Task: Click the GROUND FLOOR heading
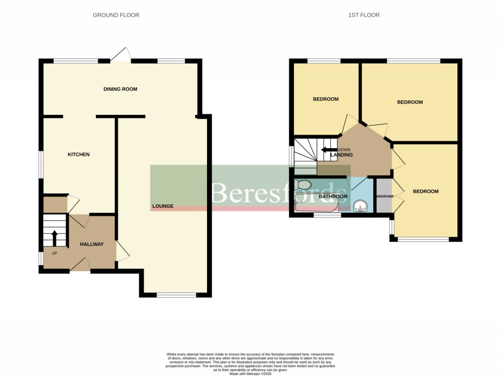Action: pos(116,15)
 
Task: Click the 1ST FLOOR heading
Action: pos(364,15)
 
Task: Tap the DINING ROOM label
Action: pos(120,89)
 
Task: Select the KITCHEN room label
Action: pos(78,155)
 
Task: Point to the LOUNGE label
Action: pos(162,206)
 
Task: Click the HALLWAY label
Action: pos(92,244)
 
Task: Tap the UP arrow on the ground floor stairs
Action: pos(54,238)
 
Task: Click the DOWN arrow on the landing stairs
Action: pos(328,150)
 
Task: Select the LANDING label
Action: pos(342,155)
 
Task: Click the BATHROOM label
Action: pos(333,197)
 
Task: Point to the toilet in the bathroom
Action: pos(303,185)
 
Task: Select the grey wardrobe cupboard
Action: pos(384,196)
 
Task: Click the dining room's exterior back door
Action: pos(120,55)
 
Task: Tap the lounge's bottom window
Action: pos(176,295)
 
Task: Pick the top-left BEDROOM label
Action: pos(325,99)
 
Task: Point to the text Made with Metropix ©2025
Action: pos(250,374)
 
